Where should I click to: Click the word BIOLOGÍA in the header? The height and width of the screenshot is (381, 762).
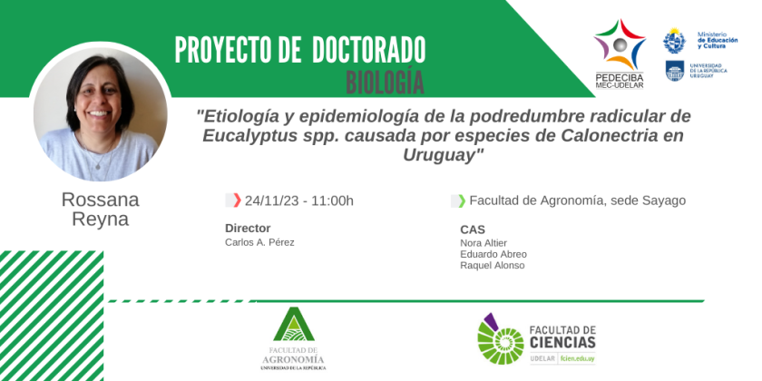pyautogui.click(x=385, y=82)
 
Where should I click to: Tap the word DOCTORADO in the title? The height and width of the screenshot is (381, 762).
pyautogui.click(x=369, y=50)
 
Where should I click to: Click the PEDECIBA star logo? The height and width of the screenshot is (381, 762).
pyautogui.click(x=620, y=44)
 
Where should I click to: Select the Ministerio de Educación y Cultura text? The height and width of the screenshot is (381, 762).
pyautogui.click(x=718, y=40)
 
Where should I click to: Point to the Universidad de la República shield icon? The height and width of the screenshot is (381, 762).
pyautogui.click(x=675, y=71)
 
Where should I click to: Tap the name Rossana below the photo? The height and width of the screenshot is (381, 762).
pyautogui.click(x=100, y=200)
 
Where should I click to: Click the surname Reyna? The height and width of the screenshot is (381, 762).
pyautogui.click(x=100, y=220)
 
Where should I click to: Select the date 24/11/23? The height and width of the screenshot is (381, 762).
pyautogui.click(x=270, y=200)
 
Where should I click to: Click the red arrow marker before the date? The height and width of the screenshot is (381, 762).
pyautogui.click(x=237, y=200)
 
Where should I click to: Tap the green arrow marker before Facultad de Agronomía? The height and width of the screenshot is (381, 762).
pyautogui.click(x=462, y=200)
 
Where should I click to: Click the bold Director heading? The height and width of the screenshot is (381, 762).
pyautogui.click(x=248, y=229)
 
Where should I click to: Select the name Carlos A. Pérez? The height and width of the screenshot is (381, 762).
pyautogui.click(x=259, y=242)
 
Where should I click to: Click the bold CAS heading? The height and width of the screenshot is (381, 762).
pyautogui.click(x=473, y=230)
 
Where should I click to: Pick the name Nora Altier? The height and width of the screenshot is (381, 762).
pyautogui.click(x=484, y=243)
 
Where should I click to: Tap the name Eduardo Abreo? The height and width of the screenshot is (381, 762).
pyautogui.click(x=493, y=254)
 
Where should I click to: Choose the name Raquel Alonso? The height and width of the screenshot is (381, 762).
pyautogui.click(x=493, y=265)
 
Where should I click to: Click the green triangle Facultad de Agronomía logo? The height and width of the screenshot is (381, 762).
pyautogui.click(x=294, y=324)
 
